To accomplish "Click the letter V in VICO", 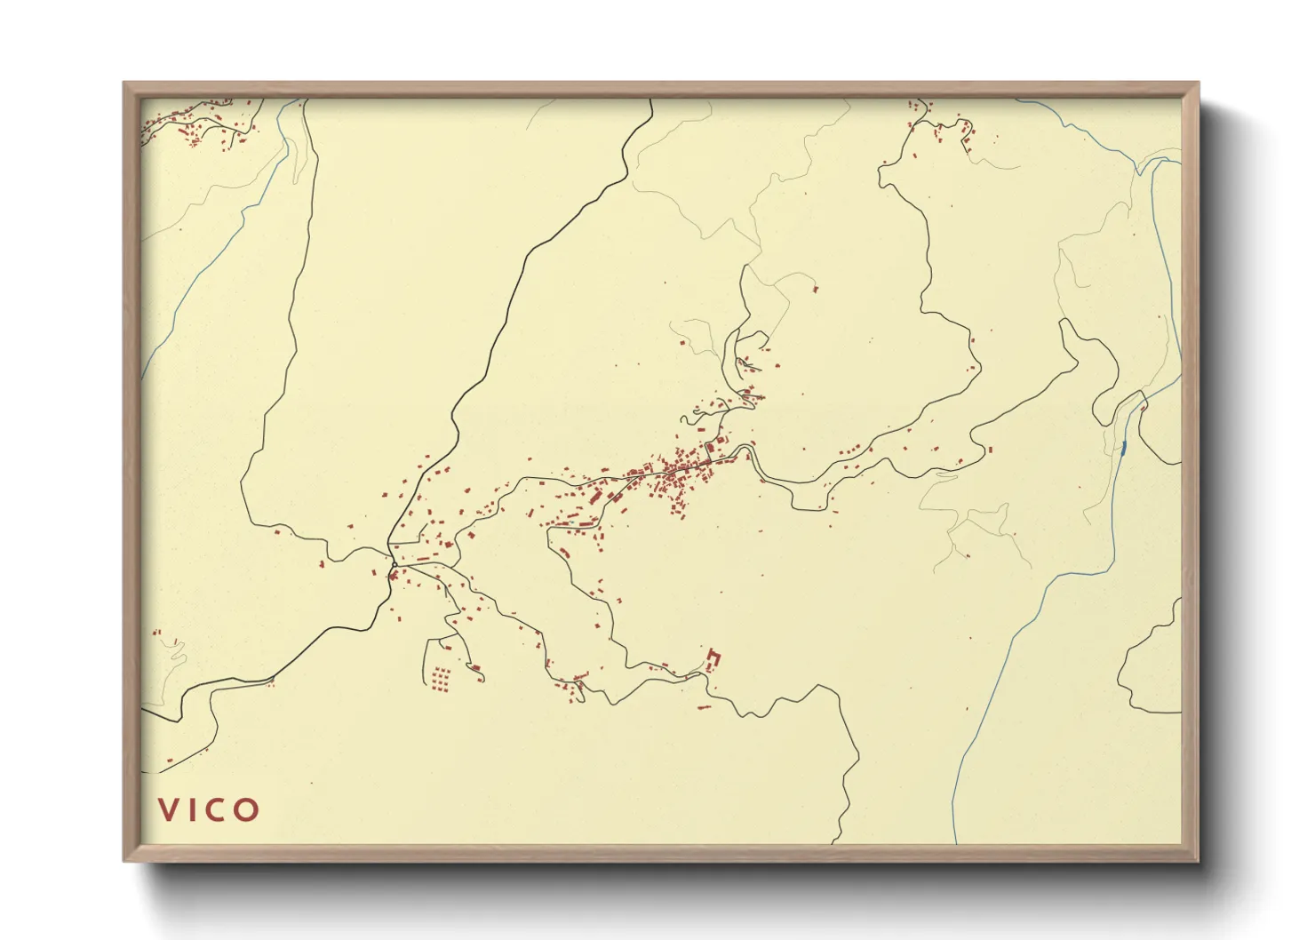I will pyautogui.click(x=168, y=809).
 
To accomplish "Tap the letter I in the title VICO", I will pyautogui.click(x=193, y=809).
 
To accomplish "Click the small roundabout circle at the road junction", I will pyautogui.click(x=394, y=563).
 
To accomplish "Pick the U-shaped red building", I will pyautogui.click(x=713, y=659).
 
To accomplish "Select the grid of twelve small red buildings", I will pyautogui.click(x=439, y=680).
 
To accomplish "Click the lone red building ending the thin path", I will pyautogui.click(x=815, y=288).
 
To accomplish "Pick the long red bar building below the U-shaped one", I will pyautogui.click(x=704, y=708).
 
